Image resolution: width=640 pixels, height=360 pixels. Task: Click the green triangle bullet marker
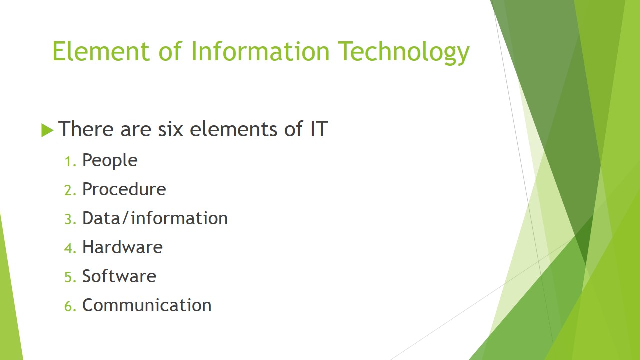pyautogui.click(x=47, y=130)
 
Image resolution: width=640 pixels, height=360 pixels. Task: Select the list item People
pyautogui.click(x=110, y=161)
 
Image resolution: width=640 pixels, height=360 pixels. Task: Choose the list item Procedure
pyautogui.click(x=124, y=189)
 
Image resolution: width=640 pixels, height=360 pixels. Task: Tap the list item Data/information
pyautogui.click(x=155, y=218)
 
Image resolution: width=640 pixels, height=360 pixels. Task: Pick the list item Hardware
pyautogui.click(x=122, y=247)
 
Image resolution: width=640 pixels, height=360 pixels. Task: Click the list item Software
pyautogui.click(x=119, y=276)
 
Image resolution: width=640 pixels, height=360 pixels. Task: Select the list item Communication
pyautogui.click(x=147, y=305)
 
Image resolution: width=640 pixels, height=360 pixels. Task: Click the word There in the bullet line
pyautogui.click(x=86, y=129)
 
